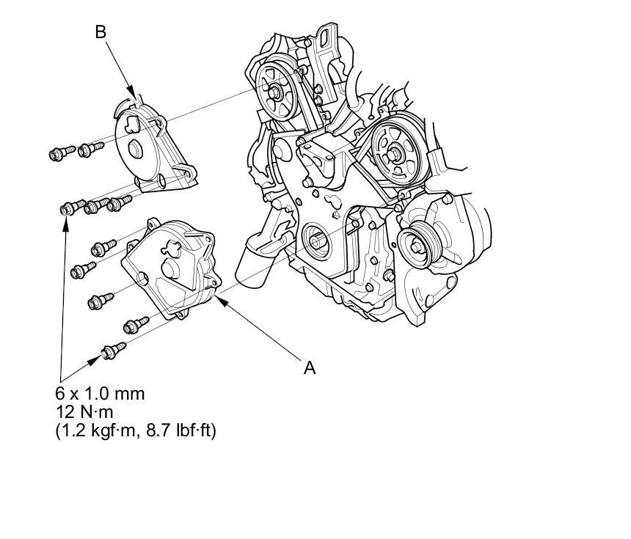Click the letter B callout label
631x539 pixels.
(x=101, y=32)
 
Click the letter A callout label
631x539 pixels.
(x=310, y=367)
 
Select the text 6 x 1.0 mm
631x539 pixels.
(x=100, y=394)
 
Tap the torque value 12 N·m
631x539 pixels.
(x=84, y=412)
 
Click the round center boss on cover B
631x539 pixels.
(x=134, y=150)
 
